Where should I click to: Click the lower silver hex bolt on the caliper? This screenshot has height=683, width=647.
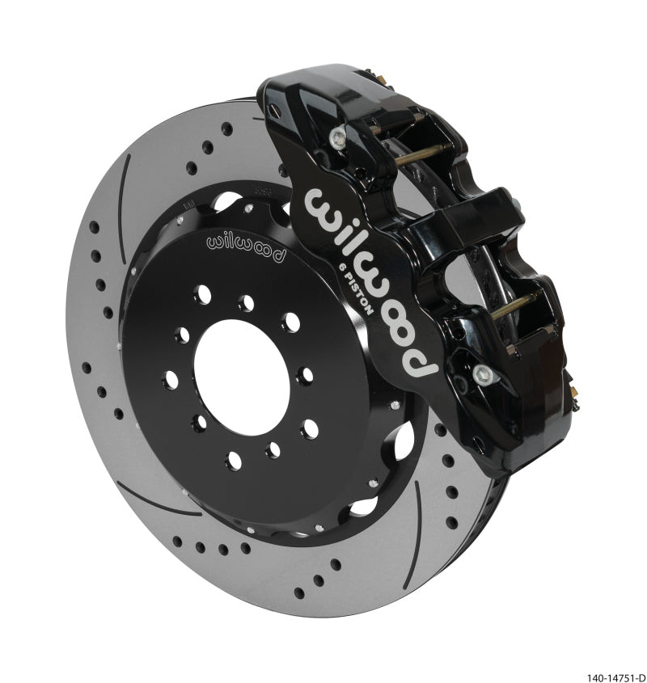pyautogui.click(x=484, y=374)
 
